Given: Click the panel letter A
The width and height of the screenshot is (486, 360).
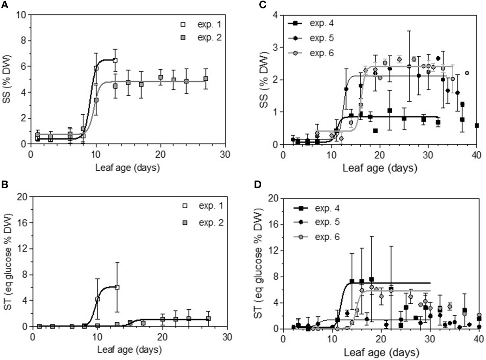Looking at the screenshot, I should [x=5, y=5].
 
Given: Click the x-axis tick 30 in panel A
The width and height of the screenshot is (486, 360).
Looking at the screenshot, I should [x=225, y=155].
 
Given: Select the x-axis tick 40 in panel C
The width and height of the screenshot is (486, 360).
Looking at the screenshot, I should [x=476, y=155].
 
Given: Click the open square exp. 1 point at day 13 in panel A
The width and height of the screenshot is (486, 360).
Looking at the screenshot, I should [x=115, y=60].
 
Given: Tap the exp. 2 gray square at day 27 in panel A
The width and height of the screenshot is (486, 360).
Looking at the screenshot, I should [x=206, y=79].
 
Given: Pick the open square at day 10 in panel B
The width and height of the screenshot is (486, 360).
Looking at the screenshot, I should [x=98, y=299].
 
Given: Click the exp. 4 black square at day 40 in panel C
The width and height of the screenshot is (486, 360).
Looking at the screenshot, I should [x=477, y=126].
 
